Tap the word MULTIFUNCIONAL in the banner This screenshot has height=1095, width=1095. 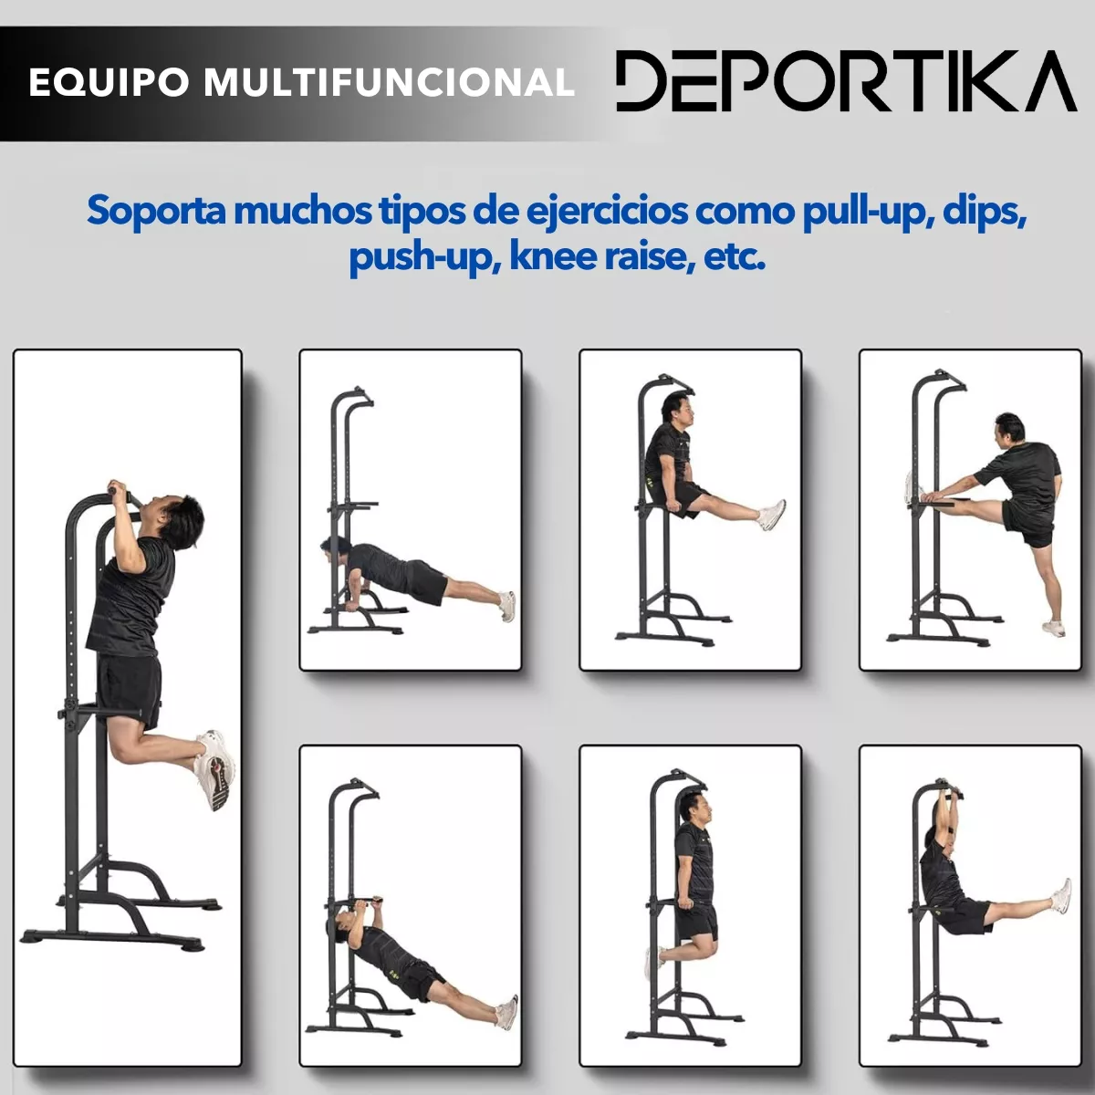coord(389,82)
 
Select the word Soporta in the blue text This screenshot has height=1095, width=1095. coord(155,212)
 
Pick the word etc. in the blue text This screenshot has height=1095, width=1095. coord(735,257)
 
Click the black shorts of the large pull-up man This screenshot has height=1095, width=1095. coord(130,686)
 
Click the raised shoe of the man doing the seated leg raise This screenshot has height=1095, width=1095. coord(772,515)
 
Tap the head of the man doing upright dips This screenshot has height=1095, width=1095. coord(690,807)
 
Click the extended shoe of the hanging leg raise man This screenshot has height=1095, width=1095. coord(1060,896)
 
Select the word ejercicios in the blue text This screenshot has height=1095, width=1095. coord(606,212)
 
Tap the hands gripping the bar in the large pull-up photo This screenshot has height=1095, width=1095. coord(120,490)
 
